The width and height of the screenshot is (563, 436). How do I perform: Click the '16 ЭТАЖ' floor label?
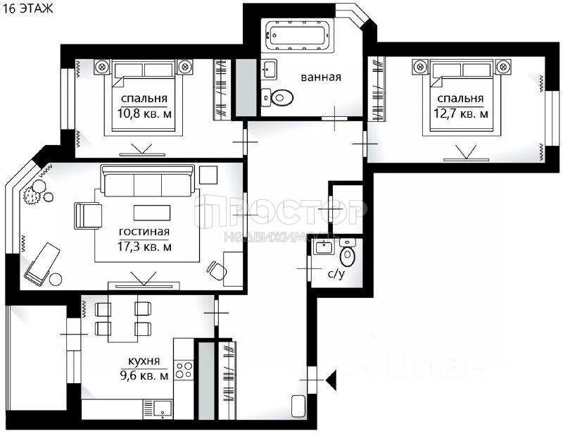(27, 8)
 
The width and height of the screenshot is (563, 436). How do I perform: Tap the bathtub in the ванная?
(297, 35)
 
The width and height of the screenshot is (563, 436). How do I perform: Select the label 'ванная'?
(321, 77)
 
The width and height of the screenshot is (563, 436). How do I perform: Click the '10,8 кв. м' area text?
(144, 114)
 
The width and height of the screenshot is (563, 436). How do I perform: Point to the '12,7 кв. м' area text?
(461, 113)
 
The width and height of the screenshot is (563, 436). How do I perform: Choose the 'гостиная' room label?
(144, 232)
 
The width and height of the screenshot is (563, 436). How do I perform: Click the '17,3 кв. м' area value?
(144, 247)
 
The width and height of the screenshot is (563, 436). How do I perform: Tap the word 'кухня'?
(144, 361)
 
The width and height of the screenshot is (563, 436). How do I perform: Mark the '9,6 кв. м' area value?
(144, 376)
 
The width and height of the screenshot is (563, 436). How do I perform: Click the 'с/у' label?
(336, 274)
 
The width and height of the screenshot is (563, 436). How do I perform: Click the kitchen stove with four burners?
(184, 370)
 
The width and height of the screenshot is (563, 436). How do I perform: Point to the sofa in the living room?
(148, 180)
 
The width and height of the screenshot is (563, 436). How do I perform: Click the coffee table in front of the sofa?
(152, 213)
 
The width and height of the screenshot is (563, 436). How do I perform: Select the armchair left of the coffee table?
(87, 216)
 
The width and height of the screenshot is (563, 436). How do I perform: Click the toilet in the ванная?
(277, 97)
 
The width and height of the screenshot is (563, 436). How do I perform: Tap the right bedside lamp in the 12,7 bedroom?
(503, 66)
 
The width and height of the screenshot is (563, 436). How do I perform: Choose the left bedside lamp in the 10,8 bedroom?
(102, 66)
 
